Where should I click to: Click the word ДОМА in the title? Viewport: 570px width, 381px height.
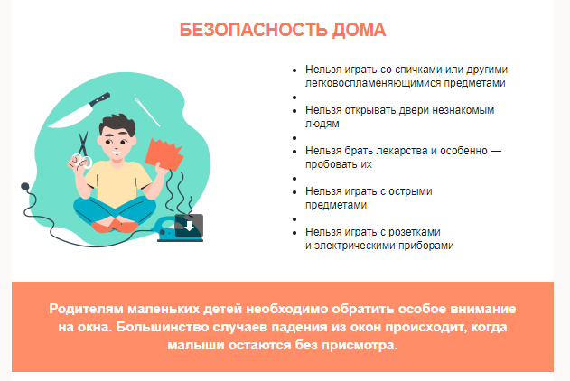pyautogui.click(x=360, y=30)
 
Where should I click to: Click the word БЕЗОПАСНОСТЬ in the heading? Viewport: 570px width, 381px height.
pyautogui.click(x=253, y=30)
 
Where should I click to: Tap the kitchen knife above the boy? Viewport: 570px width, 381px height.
pyautogui.click(x=79, y=110)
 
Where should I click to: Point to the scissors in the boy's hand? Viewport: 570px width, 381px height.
pyautogui.click(x=82, y=151)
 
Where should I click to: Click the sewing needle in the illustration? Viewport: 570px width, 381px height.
pyautogui.click(x=147, y=112)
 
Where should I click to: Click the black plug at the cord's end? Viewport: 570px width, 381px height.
pyautogui.click(x=24, y=187)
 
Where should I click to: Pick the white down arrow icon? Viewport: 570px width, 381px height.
pyautogui.click(x=189, y=226)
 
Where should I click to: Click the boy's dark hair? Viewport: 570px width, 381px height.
pyautogui.click(x=117, y=125)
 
